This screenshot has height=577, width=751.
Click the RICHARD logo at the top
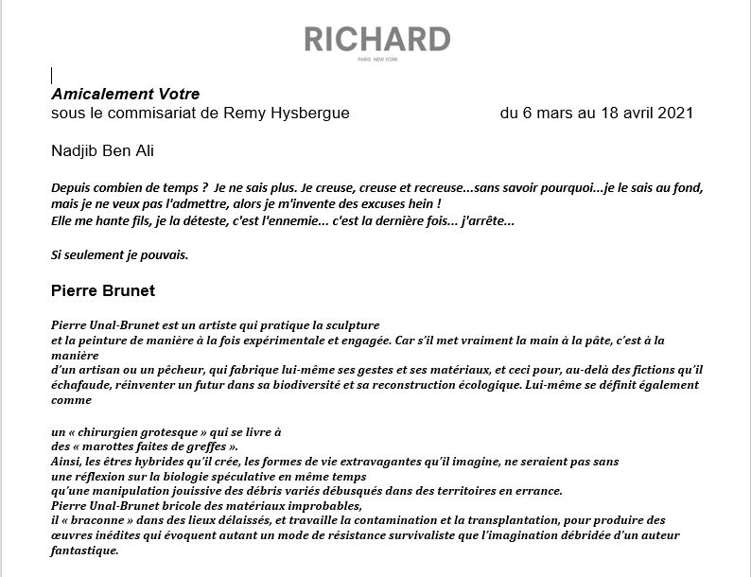coord(376,40)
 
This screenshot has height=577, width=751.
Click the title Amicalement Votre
coord(126,94)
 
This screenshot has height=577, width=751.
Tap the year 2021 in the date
coord(675,114)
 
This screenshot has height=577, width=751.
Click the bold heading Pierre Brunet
coord(102,289)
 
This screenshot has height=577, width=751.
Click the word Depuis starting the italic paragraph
coord(73,187)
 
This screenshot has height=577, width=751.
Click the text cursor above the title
coord(51,76)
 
